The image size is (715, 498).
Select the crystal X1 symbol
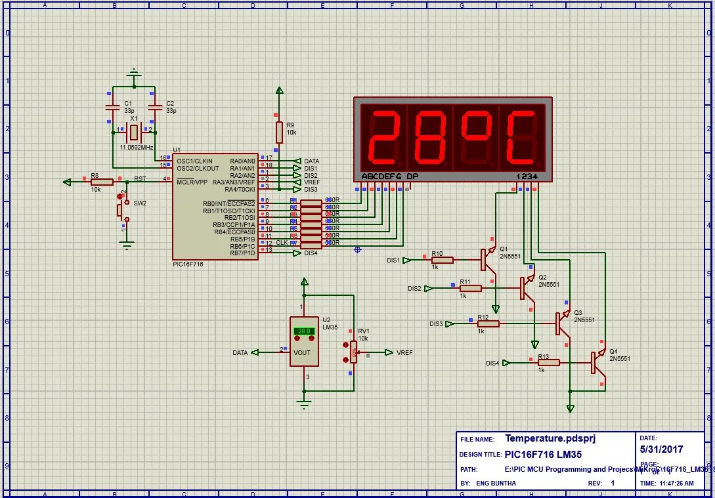134,133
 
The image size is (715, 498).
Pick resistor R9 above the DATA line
279,132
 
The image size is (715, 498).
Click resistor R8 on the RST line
102,182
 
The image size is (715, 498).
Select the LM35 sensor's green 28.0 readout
304,331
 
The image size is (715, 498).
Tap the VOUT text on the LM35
303,352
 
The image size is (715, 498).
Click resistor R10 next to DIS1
443,260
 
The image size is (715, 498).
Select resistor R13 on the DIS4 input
548,362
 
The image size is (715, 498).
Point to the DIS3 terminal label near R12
437,323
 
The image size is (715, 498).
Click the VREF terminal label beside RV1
404,352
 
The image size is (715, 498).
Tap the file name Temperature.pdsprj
550,438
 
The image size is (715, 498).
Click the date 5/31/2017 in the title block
662,449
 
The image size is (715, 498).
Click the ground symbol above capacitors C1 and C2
134,72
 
